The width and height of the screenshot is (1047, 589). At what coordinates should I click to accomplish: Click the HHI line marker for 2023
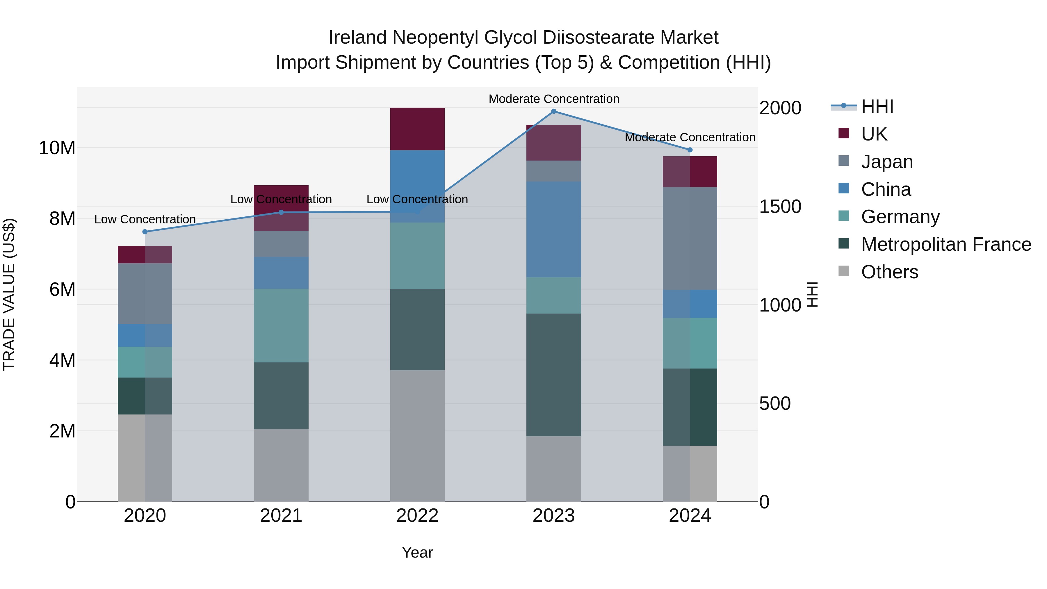[553, 111]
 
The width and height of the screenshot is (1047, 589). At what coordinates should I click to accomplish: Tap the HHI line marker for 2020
[145, 232]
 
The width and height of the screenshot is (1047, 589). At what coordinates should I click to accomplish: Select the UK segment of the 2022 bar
[417, 129]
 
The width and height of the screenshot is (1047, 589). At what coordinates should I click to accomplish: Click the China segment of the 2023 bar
[553, 230]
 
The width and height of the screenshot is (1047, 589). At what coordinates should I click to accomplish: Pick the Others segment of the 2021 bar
[281, 465]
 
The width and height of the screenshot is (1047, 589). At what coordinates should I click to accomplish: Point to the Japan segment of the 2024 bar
[690, 238]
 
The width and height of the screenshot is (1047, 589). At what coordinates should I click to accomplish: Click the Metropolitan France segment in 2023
[553, 375]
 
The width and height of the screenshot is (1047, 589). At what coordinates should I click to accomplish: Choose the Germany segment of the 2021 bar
[281, 325]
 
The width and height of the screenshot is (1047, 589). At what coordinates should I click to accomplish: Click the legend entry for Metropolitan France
[945, 244]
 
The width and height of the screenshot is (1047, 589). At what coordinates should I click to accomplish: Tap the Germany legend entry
[900, 217]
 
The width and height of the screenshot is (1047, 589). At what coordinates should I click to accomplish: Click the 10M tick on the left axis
[57, 148]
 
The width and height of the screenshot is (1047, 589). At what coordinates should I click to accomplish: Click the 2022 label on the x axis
[417, 516]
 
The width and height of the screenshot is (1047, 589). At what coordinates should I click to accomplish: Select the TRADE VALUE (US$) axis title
[9, 294]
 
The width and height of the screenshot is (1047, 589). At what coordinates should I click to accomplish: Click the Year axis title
[417, 552]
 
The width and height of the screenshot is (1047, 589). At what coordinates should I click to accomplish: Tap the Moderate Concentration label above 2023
[553, 99]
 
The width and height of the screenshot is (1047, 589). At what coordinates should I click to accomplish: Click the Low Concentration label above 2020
[145, 220]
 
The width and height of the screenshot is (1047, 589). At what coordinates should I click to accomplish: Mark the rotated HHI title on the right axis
[812, 294]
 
